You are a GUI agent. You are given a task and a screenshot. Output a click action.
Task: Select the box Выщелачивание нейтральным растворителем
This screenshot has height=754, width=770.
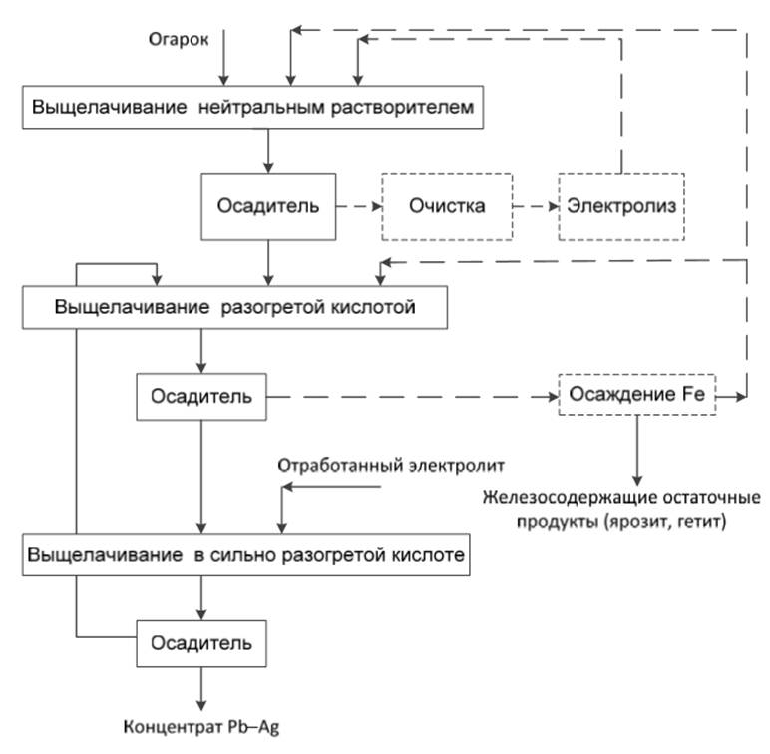tap(254, 107)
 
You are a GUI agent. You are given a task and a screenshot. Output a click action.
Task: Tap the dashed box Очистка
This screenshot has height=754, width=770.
tap(446, 206)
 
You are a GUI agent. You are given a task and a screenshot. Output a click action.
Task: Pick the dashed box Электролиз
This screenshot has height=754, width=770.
tap(622, 206)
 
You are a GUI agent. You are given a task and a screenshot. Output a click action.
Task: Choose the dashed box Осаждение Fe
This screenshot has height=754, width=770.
tap(637, 395)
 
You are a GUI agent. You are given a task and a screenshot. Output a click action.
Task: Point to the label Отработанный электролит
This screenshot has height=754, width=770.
tap(394, 465)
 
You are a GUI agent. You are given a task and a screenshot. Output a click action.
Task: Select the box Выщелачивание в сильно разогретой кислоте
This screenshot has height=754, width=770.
tap(246, 556)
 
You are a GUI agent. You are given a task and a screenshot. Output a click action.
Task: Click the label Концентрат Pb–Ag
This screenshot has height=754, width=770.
tap(202, 725)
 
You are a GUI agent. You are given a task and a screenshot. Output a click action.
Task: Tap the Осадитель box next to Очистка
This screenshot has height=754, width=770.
tap(268, 206)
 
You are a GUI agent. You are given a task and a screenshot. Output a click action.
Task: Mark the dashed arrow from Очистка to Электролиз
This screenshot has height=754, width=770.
tap(535, 206)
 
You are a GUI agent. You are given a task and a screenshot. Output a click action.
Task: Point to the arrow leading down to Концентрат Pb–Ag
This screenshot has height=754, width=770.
tap(203, 685)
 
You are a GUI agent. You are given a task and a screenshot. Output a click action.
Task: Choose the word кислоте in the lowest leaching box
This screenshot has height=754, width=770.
tap(428, 556)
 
